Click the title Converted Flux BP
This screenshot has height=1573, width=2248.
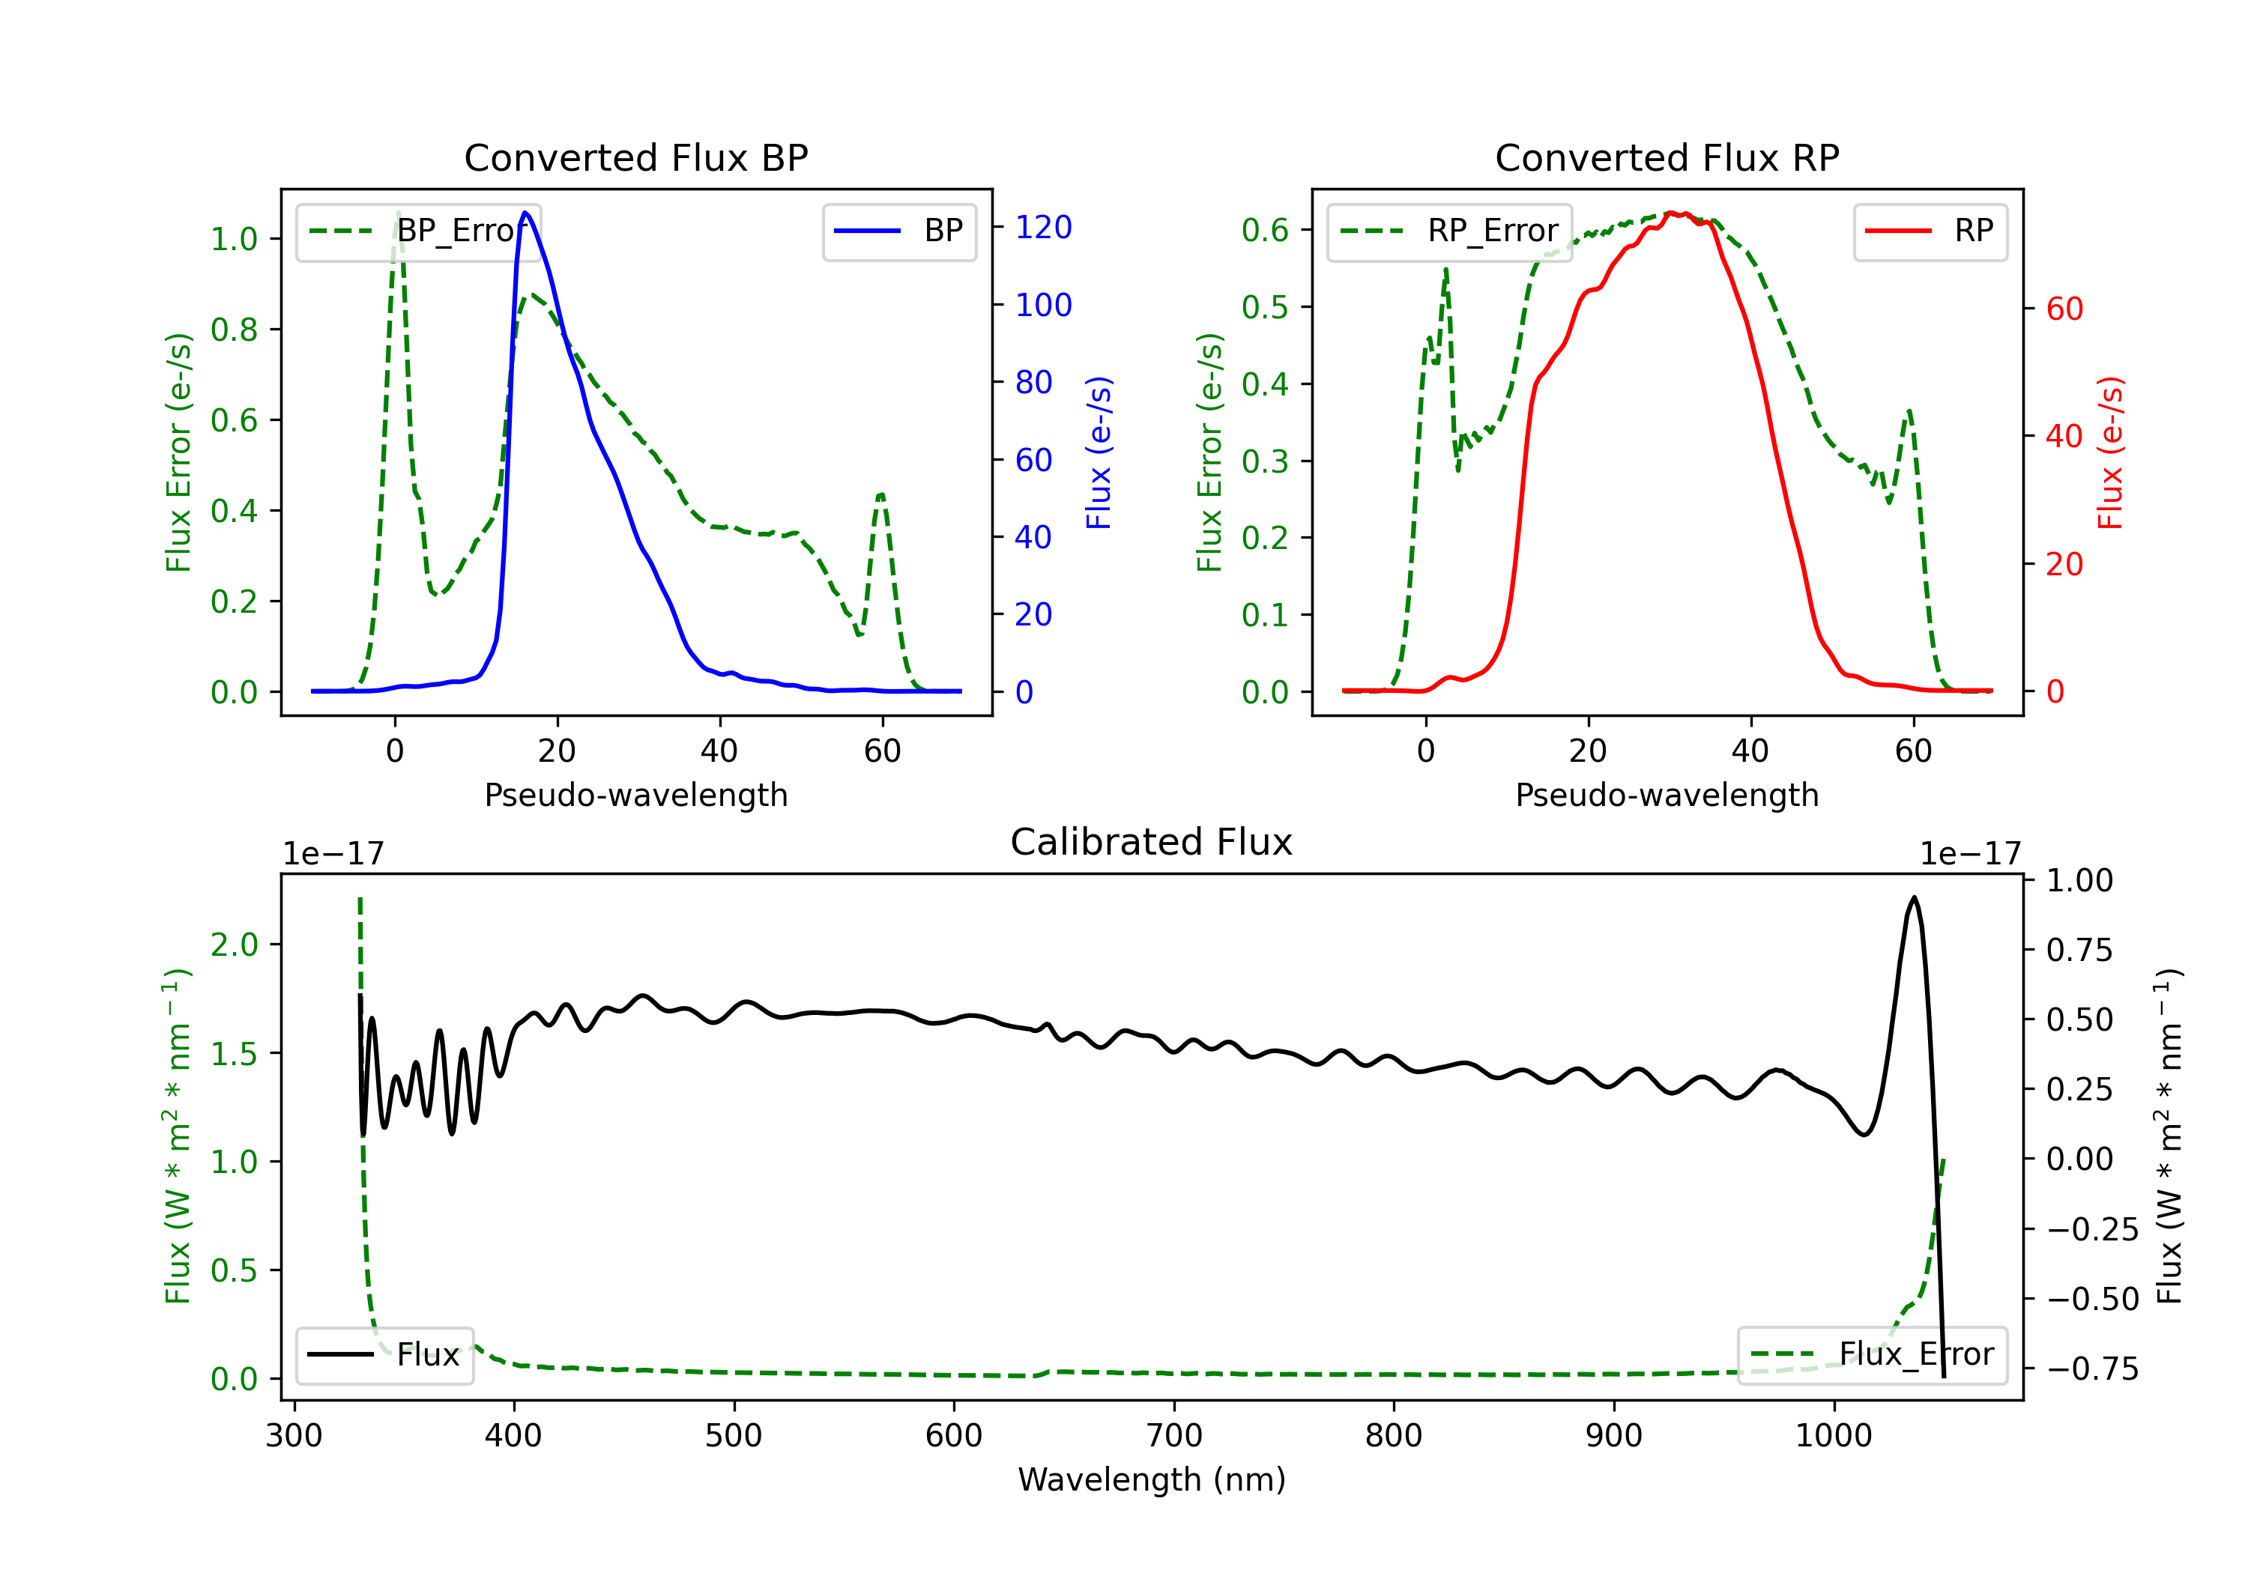(635, 157)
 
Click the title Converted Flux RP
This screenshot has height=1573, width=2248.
(1667, 157)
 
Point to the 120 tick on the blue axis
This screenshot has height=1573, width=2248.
(1043, 227)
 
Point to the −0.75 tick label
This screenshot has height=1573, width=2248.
(2091, 1369)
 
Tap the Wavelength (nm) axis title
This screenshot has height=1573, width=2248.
(1152, 1479)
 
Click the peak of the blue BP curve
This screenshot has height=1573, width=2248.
(526, 213)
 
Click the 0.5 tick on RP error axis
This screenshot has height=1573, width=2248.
(1264, 307)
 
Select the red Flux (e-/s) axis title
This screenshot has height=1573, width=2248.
(2110, 452)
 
